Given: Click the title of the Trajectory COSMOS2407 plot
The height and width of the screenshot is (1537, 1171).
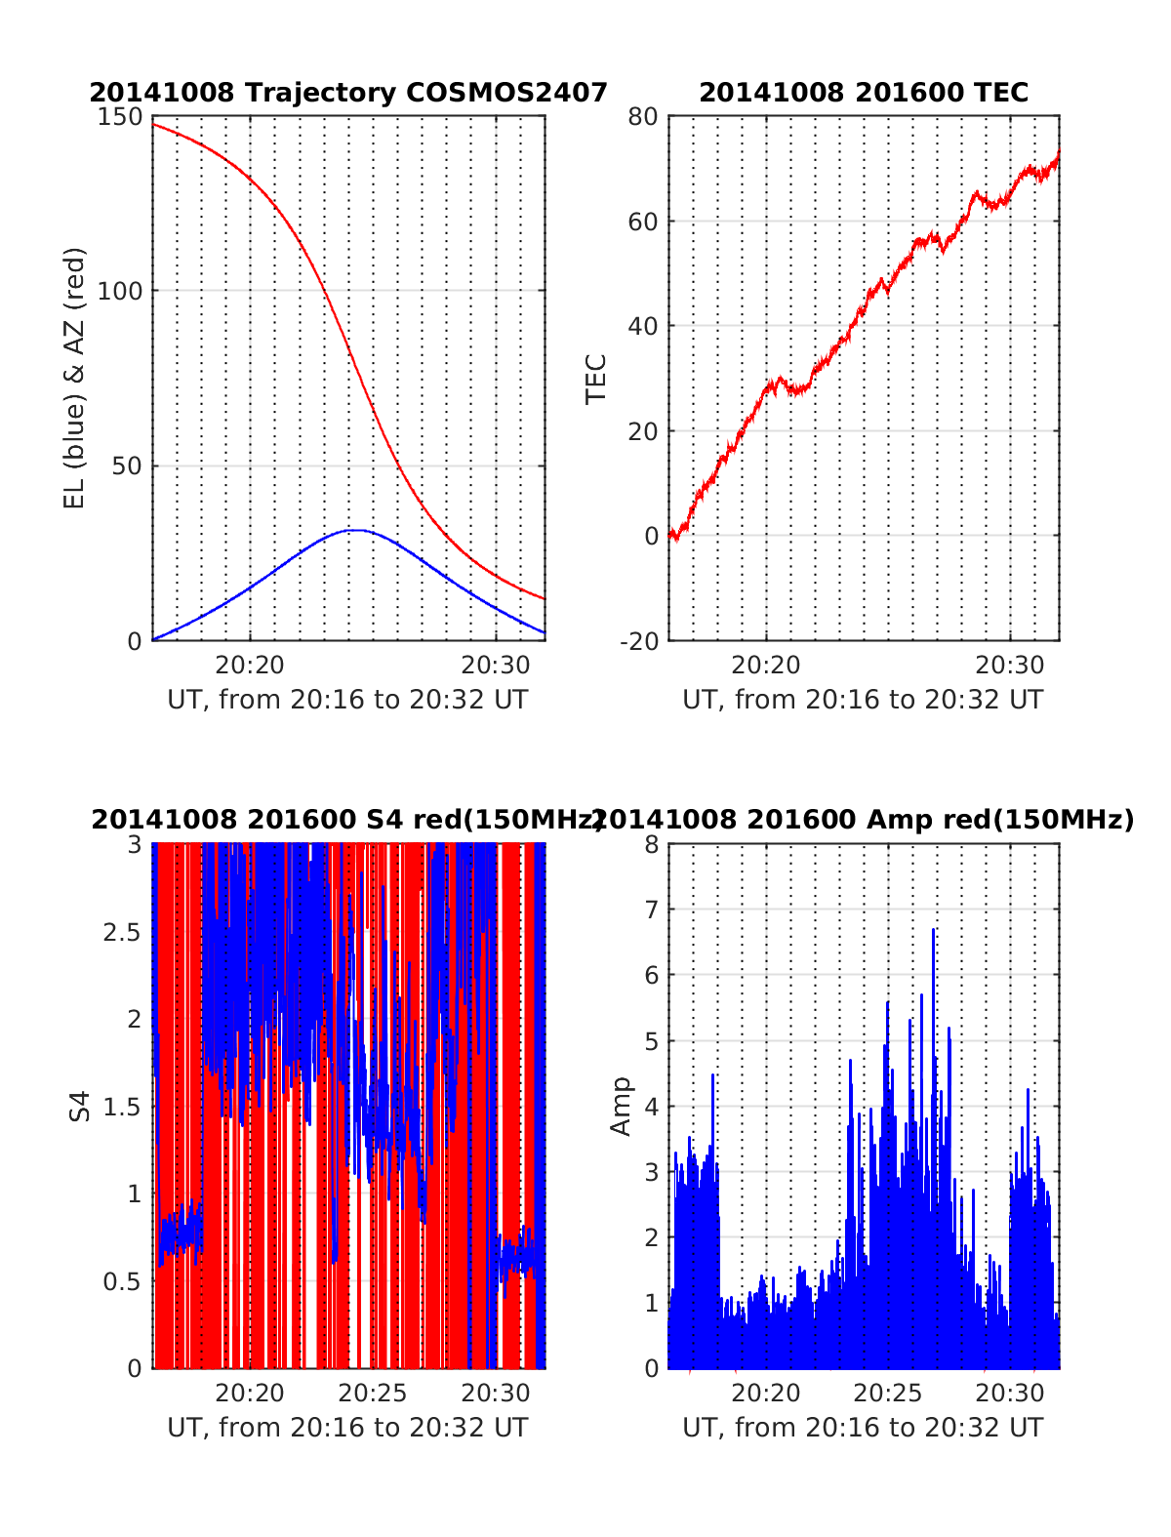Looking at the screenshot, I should click(348, 93).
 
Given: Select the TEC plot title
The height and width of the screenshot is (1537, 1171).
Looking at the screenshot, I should click(864, 93).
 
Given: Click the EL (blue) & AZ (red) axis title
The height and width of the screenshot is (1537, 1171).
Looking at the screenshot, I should click(75, 379).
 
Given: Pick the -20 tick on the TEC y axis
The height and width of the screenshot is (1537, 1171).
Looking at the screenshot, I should click(640, 640).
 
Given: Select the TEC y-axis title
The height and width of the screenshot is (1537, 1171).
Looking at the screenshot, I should click(596, 379).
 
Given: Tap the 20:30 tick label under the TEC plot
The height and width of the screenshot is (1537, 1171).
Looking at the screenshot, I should click(1010, 666).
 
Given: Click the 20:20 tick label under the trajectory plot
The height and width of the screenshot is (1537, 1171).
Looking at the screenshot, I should click(250, 666).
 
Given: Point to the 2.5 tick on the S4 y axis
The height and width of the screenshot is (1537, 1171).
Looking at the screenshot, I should click(121, 932).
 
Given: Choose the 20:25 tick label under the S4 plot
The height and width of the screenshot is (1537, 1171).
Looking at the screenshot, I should click(373, 1394).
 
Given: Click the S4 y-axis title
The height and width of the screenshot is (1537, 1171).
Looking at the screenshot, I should click(80, 1107).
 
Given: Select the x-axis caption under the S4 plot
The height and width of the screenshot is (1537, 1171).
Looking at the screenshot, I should click(348, 1428).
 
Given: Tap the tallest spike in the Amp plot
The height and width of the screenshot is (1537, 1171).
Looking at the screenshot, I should click(934, 930).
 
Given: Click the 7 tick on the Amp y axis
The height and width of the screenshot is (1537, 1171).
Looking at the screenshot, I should click(651, 910).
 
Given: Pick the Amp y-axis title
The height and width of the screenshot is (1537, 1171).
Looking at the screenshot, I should click(622, 1107).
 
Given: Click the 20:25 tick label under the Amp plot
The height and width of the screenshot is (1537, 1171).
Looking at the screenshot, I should click(888, 1394).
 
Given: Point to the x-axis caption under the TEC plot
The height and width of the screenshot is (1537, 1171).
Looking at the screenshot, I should click(864, 700).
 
